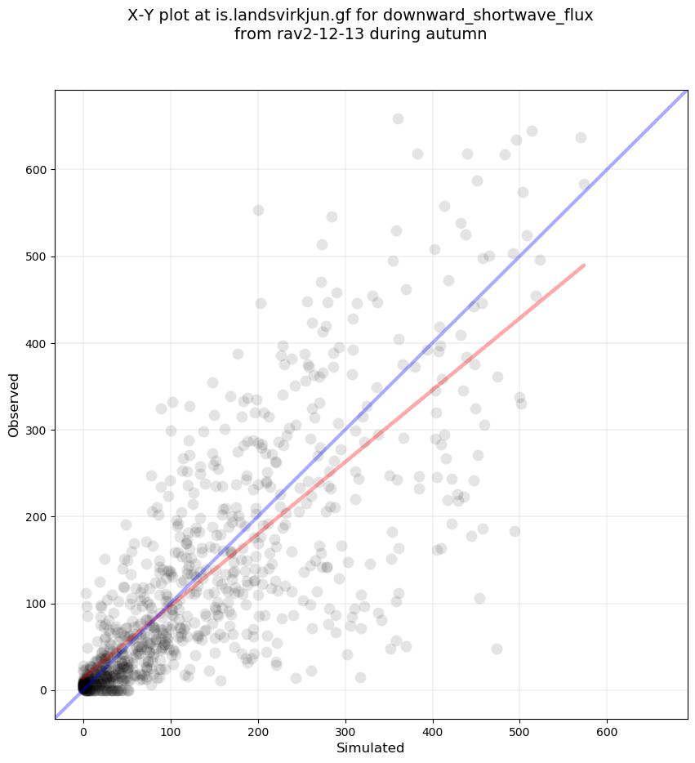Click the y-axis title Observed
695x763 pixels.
click(x=14, y=404)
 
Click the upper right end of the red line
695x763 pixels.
click(x=584, y=265)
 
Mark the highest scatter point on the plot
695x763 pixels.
click(x=398, y=118)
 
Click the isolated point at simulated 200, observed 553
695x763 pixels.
click(x=258, y=210)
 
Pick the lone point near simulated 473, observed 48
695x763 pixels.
click(x=497, y=649)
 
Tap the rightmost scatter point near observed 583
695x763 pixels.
click(x=584, y=185)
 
